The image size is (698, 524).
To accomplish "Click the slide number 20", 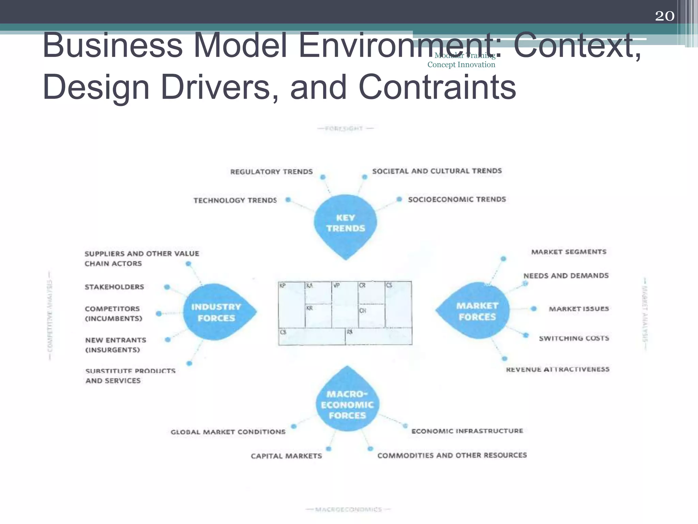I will [x=665, y=16].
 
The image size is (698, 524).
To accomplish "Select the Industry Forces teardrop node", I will [x=216, y=312].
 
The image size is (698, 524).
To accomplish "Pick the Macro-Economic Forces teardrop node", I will [x=347, y=404].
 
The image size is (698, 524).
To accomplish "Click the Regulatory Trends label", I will [x=271, y=172].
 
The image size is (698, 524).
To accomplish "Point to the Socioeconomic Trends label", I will [x=457, y=199].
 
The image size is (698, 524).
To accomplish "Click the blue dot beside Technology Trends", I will [x=288, y=200].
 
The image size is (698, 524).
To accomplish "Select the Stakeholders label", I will [x=114, y=287].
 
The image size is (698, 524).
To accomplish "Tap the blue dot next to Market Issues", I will [x=534, y=309].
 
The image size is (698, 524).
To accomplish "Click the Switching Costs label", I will [x=574, y=338].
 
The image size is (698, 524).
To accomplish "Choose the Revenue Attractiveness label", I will [x=558, y=369].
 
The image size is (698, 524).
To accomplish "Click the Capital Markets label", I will [x=286, y=456].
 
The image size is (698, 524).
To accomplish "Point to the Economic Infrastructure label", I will [x=467, y=431].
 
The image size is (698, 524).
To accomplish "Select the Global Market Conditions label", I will [x=228, y=432].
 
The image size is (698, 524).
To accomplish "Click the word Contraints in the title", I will [x=437, y=87].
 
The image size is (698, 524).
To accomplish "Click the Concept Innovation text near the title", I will [x=461, y=65].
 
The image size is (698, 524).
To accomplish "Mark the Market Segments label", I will [x=569, y=252].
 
